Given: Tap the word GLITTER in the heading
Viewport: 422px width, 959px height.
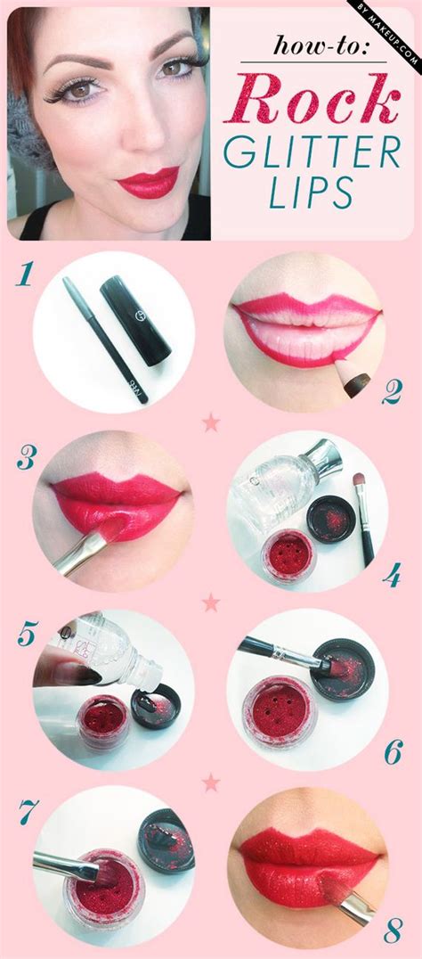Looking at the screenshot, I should pyautogui.click(x=312, y=153).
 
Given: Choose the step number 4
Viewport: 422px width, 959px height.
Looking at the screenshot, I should pyautogui.click(x=391, y=575).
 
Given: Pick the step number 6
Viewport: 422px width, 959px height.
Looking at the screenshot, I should pyautogui.click(x=392, y=753).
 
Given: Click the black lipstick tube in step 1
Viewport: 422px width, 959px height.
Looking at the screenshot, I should pyautogui.click(x=134, y=319).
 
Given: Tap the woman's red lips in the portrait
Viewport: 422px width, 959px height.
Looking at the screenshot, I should pyautogui.click(x=148, y=182).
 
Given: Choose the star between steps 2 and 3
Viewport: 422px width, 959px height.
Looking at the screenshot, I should pyautogui.click(x=211, y=422).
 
